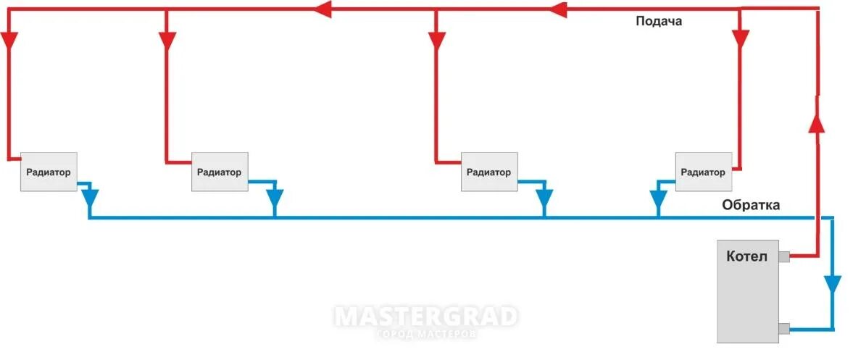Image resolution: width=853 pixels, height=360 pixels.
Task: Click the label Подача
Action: click(x=658, y=22)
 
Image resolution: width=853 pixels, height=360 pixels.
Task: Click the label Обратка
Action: click(x=750, y=206)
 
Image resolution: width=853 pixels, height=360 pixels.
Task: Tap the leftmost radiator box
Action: click(x=49, y=172)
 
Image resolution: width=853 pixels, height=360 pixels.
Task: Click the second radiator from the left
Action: click(x=220, y=172)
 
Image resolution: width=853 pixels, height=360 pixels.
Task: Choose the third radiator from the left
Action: click(x=489, y=172)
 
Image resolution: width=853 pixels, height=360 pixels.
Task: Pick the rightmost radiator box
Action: click(x=703, y=172)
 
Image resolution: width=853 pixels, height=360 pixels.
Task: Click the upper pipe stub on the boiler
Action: click(x=783, y=256)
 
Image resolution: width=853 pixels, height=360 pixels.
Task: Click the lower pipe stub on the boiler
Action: click(x=783, y=330)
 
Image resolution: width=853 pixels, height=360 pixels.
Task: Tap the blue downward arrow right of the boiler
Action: click(x=833, y=283)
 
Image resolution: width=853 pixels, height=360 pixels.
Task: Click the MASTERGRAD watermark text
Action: click(x=425, y=317)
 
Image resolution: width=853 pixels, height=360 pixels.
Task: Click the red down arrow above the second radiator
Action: click(x=167, y=41)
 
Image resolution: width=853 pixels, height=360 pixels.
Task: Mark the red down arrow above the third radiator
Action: click(x=436, y=41)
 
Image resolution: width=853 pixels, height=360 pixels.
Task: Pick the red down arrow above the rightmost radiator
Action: click(x=740, y=38)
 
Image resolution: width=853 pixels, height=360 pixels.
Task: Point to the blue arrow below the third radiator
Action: click(x=544, y=198)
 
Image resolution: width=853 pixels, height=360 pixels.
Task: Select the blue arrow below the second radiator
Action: click(x=275, y=198)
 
